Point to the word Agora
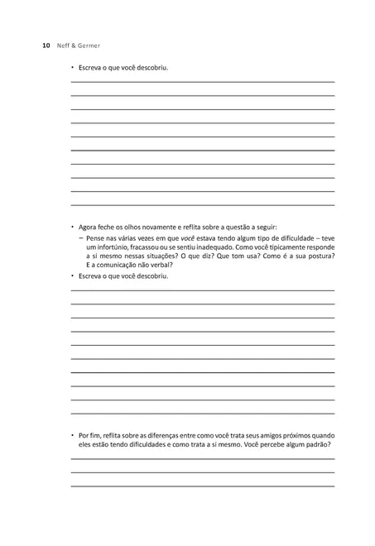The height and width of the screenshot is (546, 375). coord(88,226)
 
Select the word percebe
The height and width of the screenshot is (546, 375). coord(263,444)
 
